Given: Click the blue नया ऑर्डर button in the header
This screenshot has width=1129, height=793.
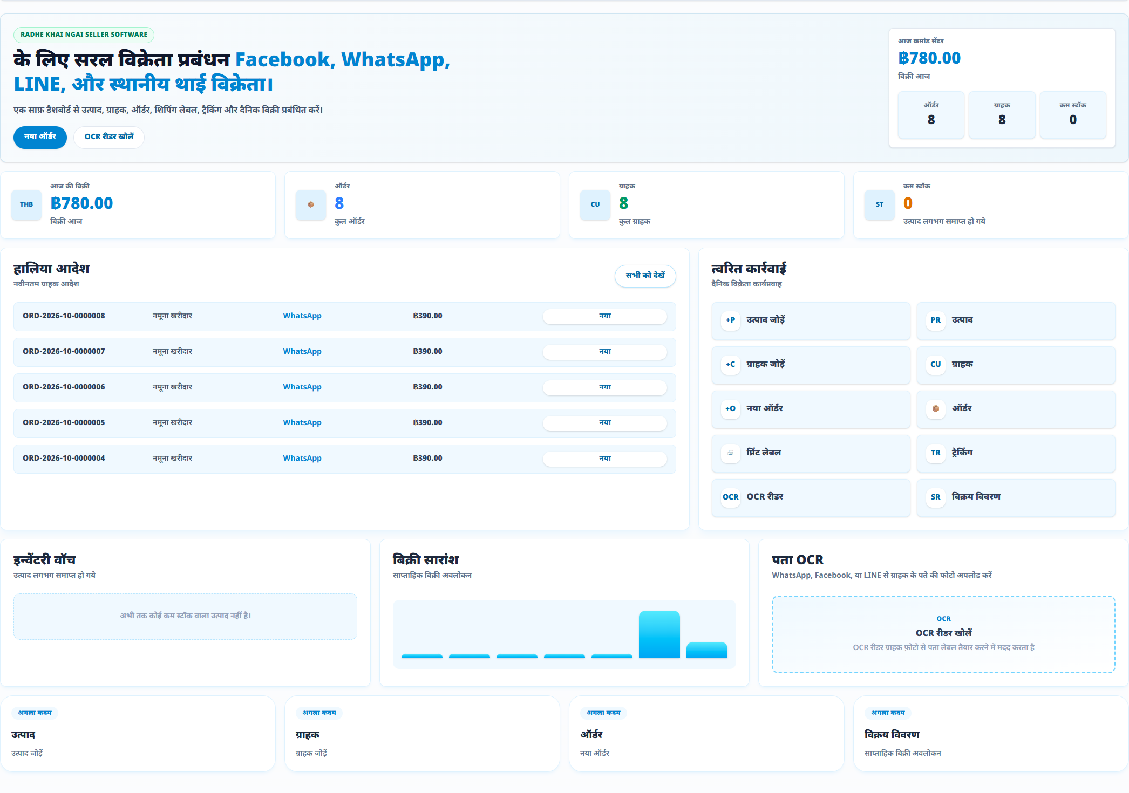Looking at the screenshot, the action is click(40, 137).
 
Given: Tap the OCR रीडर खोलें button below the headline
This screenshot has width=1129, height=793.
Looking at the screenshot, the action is click(109, 137).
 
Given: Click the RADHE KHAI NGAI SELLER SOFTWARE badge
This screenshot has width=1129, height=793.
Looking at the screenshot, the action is click(84, 35).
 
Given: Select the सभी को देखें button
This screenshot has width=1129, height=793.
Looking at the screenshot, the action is click(645, 276).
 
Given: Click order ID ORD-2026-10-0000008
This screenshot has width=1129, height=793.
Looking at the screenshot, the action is click(64, 316).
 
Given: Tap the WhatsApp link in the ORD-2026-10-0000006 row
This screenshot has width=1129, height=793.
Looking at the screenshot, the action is click(302, 387).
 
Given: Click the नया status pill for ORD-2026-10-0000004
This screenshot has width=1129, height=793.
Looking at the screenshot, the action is click(605, 459).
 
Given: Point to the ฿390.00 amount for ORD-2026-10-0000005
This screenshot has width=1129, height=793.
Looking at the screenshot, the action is click(427, 423).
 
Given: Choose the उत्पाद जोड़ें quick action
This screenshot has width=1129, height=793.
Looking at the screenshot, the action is click(811, 320).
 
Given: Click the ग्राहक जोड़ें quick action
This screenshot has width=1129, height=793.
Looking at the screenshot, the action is click(811, 365).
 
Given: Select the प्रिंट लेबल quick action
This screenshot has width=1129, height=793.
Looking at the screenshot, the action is click(811, 453).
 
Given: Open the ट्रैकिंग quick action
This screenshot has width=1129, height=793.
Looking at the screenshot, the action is click(1016, 453).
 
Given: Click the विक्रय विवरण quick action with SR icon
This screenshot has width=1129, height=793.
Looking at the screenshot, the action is click(1016, 497).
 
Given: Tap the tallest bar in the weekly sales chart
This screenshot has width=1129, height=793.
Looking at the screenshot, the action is click(659, 634).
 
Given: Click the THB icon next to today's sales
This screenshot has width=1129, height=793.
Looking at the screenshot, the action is click(26, 205).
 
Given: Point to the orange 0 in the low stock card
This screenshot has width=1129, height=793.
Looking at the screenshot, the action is click(908, 203).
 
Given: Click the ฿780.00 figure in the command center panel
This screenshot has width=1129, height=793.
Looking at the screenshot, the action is click(929, 58).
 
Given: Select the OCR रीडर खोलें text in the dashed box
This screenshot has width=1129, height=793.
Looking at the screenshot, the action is click(943, 633).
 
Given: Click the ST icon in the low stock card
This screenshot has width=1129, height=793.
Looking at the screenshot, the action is click(879, 205).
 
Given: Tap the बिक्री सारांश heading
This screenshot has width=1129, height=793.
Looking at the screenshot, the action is click(426, 560).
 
